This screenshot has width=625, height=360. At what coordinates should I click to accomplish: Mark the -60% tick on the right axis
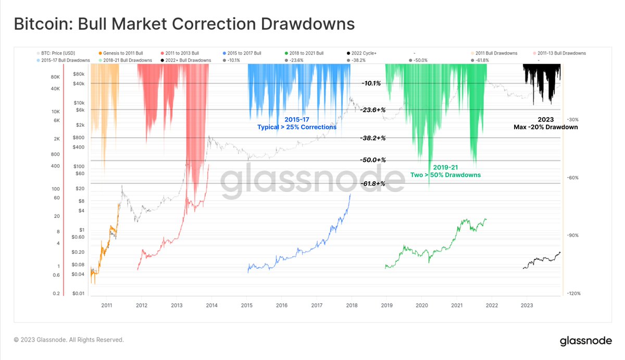coord(572,178)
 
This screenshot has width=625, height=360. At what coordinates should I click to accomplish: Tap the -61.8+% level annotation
coord(372,183)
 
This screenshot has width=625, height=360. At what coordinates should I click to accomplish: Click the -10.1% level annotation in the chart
coord(371,83)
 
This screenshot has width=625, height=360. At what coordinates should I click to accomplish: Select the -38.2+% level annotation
coord(372,138)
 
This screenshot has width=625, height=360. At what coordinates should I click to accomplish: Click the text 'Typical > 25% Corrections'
coord(297,127)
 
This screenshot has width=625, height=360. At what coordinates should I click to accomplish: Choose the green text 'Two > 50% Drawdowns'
coord(445,175)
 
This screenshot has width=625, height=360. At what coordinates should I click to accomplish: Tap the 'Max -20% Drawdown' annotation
coord(545,127)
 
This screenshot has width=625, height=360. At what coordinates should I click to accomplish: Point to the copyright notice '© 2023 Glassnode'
coord(69,340)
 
